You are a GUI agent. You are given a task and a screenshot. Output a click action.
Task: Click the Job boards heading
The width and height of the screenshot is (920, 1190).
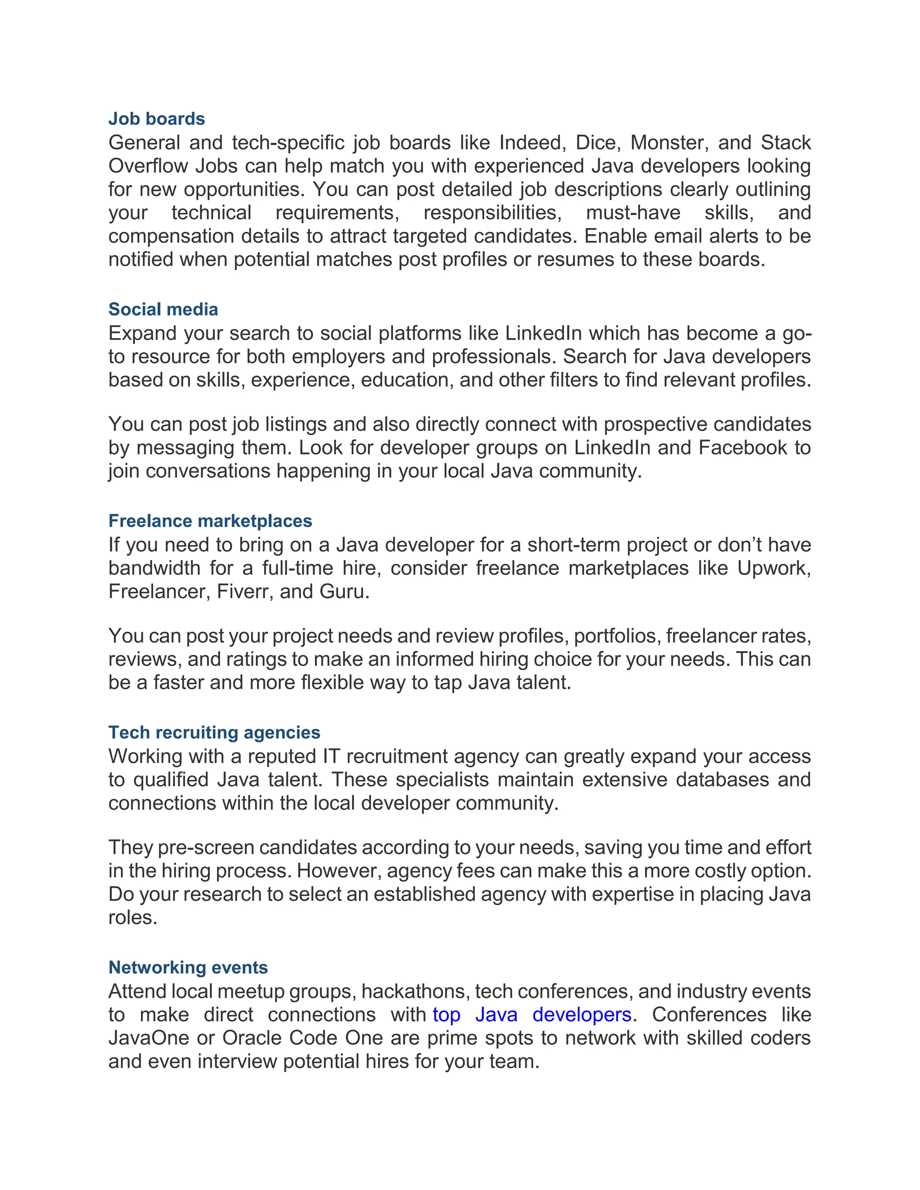pos(156,119)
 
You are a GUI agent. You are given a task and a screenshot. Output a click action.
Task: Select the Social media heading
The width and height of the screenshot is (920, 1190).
pos(163,309)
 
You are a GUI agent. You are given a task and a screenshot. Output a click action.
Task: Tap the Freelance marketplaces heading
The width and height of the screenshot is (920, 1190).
pos(210,521)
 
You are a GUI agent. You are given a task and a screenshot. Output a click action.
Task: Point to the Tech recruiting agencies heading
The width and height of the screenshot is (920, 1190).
pos(214,732)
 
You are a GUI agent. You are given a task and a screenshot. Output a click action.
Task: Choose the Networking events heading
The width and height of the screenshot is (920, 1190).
pos(188,967)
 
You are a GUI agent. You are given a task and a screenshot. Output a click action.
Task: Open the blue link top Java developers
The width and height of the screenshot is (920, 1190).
pos(531,1014)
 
